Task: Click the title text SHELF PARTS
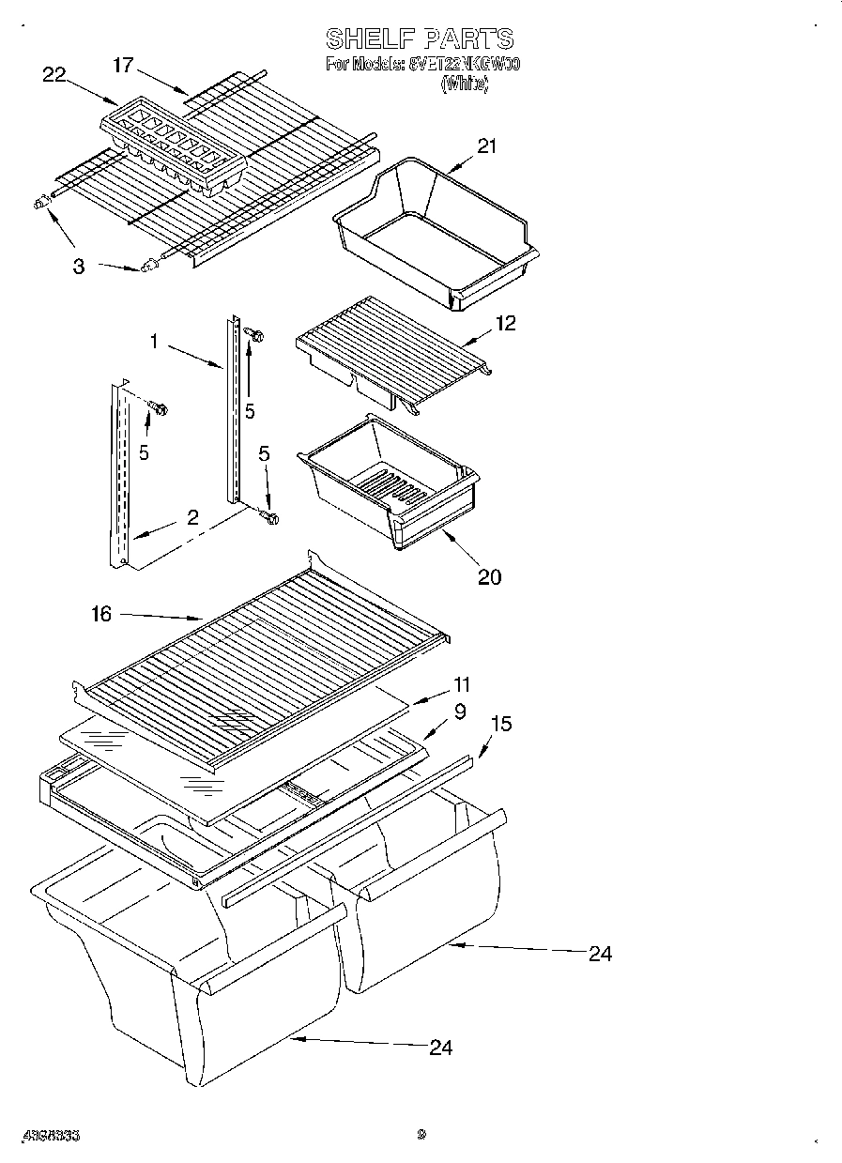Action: pos(420,38)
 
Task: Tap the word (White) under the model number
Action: pos(465,83)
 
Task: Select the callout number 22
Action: pos(55,76)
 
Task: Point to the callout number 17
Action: pos(123,65)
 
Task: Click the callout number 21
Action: pos(486,145)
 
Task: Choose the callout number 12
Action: pos(506,323)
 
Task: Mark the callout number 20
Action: pos(489,576)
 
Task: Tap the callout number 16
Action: pos(101,614)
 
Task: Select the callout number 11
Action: pos(461,684)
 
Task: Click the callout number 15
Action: pos(500,725)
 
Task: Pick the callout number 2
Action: pos(192,516)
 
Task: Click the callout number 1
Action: pos(153,342)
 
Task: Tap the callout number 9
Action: pos(459,712)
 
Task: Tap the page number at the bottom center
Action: pos(421,1135)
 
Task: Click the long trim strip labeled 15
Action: pos(347,831)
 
